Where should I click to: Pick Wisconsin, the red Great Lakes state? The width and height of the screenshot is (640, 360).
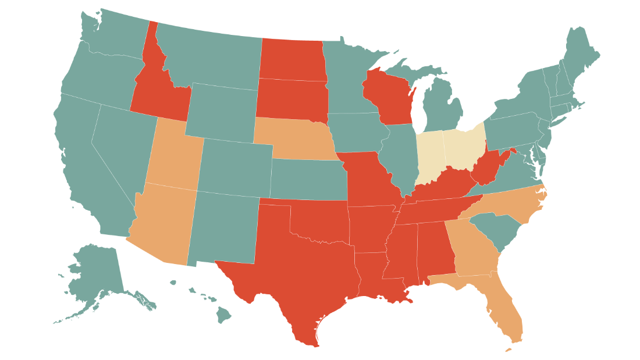pyautogui.click(x=387, y=96)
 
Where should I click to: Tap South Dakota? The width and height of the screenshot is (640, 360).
pyautogui.click(x=291, y=99)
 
